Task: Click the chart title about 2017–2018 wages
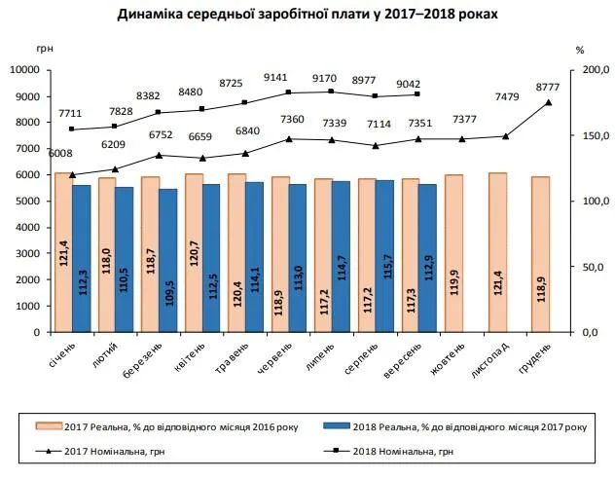click(x=307, y=16)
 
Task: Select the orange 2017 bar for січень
click(x=63, y=252)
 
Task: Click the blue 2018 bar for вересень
click(x=426, y=257)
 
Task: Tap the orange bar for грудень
click(x=540, y=254)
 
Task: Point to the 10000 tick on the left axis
click(x=29, y=70)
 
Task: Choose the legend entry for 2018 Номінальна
click(x=410, y=451)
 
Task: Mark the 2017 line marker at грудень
click(x=548, y=102)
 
